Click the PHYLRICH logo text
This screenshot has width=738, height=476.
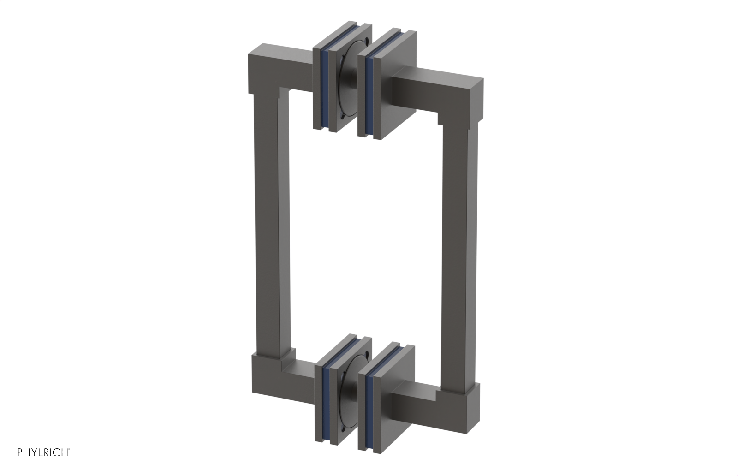pos(43,452)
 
